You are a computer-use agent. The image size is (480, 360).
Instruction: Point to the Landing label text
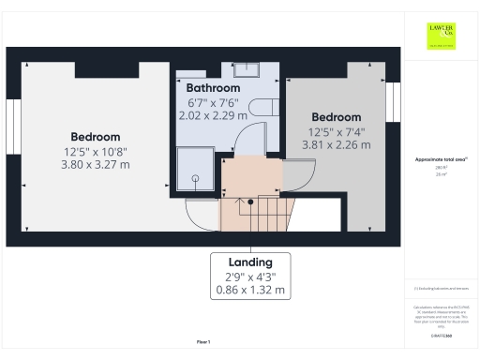(x=250, y=262)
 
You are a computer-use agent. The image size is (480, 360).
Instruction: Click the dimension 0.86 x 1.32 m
(x=250, y=292)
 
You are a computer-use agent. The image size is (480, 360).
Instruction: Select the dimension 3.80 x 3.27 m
(x=97, y=164)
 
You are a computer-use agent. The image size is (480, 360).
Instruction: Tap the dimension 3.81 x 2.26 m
(x=336, y=144)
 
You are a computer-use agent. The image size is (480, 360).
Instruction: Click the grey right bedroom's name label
(x=336, y=117)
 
